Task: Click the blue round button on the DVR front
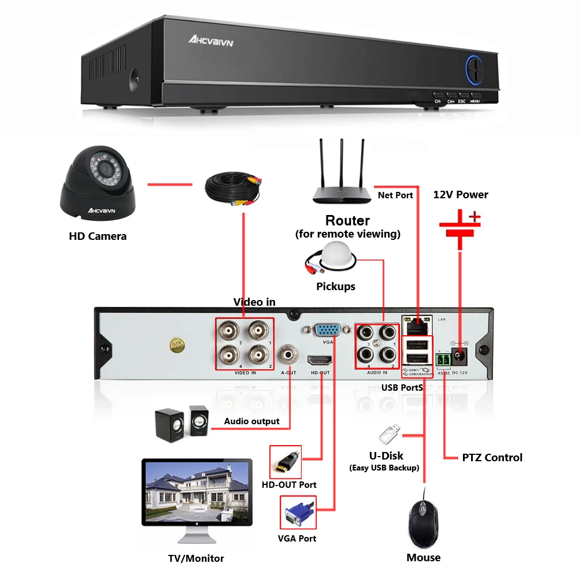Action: tap(475, 71)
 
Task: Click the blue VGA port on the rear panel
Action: tap(327, 331)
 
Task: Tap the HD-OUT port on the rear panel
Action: tap(320, 361)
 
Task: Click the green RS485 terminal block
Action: tap(443, 361)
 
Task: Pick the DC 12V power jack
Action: tap(461, 356)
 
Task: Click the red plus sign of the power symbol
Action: tap(474, 217)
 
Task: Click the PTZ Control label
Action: tap(492, 458)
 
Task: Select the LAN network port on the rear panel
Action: tap(417, 325)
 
